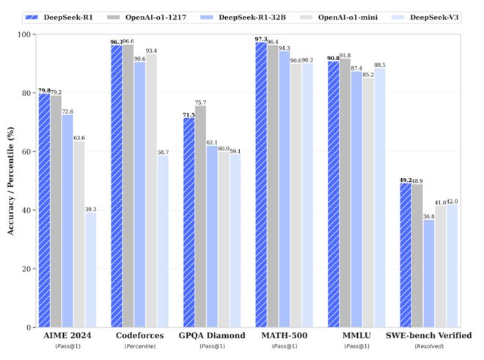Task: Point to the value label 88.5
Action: (381, 65)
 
